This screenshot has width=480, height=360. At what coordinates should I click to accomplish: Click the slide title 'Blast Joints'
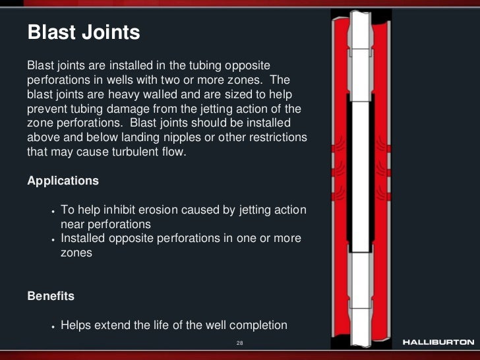point(83,33)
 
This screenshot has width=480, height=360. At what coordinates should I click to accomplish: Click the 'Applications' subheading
point(63,181)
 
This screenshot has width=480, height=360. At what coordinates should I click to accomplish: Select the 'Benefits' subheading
point(51,296)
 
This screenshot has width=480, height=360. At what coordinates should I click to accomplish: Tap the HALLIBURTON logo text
point(438,343)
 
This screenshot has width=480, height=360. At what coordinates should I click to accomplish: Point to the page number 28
point(240,344)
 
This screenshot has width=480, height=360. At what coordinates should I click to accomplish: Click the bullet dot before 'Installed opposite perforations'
point(52,239)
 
